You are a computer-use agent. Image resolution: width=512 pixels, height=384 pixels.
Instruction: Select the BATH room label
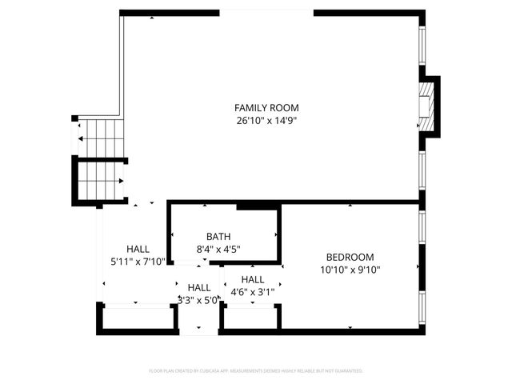(x=218, y=236)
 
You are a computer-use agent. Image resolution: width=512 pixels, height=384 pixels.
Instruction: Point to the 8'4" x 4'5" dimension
(x=218, y=249)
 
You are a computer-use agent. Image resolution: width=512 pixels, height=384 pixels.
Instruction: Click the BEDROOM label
(x=350, y=257)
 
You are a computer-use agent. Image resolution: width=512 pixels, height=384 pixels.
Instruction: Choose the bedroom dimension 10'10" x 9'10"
(x=350, y=270)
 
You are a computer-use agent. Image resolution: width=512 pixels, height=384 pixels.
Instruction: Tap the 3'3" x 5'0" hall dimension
(x=199, y=301)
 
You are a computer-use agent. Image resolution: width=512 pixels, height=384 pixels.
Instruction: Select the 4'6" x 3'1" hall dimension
(x=253, y=292)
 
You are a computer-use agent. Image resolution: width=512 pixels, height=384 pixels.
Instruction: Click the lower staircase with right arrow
(x=101, y=181)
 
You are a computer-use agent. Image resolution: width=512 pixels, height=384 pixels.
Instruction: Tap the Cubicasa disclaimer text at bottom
(x=256, y=371)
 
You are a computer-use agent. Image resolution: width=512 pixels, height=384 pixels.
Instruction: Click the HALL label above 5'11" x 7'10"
(x=138, y=249)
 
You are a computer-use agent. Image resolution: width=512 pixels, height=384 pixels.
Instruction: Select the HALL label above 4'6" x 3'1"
(x=253, y=279)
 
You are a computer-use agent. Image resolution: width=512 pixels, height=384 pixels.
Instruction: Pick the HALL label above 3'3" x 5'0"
(x=199, y=288)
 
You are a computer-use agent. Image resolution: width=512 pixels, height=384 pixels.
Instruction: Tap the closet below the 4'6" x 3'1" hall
(x=251, y=317)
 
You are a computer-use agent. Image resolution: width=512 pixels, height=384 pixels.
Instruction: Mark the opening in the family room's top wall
(x=266, y=12)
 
